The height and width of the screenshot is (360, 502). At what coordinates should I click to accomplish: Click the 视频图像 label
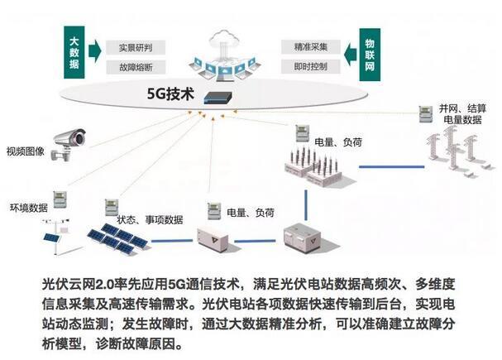[x=23, y=151]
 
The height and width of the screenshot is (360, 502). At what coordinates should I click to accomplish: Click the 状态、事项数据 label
[x=150, y=219]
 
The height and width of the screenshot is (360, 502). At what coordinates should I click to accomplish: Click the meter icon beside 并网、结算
[x=425, y=113]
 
